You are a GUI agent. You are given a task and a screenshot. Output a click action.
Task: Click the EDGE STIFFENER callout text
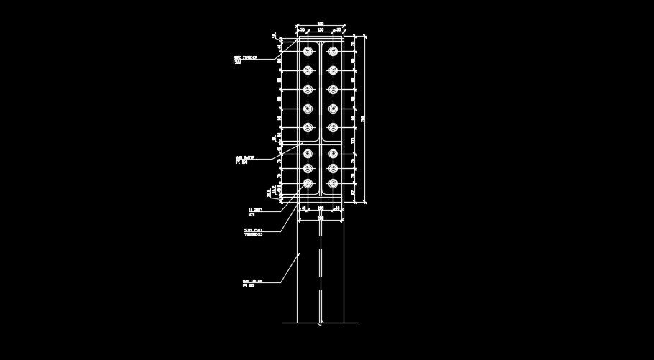pyautogui.click(x=244, y=60)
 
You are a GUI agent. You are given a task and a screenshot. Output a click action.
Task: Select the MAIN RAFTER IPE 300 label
pyautogui.click(x=244, y=160)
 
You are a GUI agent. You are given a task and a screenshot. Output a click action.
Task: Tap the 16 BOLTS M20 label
pyautogui.click(x=255, y=212)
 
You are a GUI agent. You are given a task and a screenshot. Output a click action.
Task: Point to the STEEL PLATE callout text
pyautogui.click(x=253, y=231)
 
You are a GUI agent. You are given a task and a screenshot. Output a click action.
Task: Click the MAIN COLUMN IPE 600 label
pyautogui.click(x=252, y=283)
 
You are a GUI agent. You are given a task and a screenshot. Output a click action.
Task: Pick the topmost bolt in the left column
pyautogui.click(x=308, y=51)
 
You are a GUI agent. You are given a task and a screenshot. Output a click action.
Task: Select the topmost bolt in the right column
pyautogui.click(x=333, y=51)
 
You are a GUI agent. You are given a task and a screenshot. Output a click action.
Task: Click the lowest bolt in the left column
pyautogui.click(x=308, y=184)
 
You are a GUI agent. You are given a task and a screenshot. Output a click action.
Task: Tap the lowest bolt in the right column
pyautogui.click(x=333, y=184)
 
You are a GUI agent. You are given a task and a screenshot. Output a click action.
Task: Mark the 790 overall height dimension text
pyautogui.click(x=364, y=119)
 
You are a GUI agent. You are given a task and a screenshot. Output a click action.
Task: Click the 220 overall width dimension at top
pyautogui.click(x=321, y=24)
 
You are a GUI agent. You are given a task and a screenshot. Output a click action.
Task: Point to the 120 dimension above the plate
pyautogui.click(x=321, y=30)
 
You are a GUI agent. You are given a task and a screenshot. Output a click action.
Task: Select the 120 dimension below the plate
pyautogui.click(x=321, y=208)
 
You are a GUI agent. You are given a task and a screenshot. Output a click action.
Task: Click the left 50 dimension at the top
pyautogui.click(x=303, y=30)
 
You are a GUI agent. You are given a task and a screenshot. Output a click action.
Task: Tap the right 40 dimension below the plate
pyautogui.click(x=338, y=208)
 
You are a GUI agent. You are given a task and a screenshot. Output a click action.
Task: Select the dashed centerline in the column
pyautogui.click(x=321, y=273)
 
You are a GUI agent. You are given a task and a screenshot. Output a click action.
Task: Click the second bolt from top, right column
pyautogui.click(x=333, y=70)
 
